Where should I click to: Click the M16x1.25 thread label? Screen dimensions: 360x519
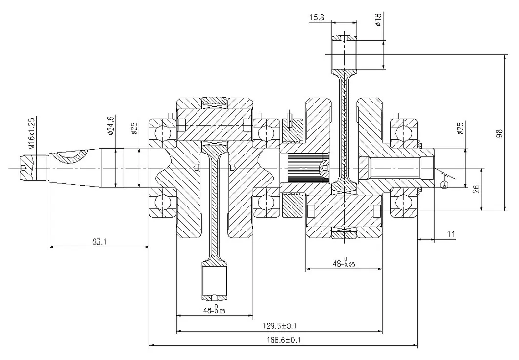point(31,133)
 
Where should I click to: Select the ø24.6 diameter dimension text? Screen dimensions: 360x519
point(111,126)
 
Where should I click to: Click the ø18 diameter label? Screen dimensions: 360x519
point(378,19)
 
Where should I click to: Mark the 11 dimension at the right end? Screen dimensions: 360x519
point(450,234)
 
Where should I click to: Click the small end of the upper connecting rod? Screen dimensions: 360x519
point(345,53)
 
